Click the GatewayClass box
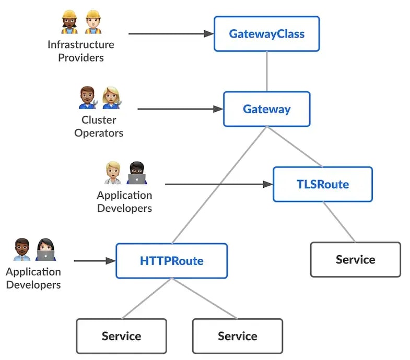[266, 34]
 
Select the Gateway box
[266, 109]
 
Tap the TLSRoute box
[322, 184]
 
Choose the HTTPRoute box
[171, 260]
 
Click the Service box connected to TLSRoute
[355, 259]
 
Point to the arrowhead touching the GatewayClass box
[209, 34]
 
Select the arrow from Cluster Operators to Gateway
[178, 109]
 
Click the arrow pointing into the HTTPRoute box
[94, 260]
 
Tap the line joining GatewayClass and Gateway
[267, 71]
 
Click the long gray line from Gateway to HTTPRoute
[219, 185]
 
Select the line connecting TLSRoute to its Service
[339, 222]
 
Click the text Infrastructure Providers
[80, 51]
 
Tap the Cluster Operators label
[99, 126]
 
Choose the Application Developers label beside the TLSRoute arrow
[124, 201]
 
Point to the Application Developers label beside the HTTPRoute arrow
[33, 278]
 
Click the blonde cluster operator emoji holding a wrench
[111, 98]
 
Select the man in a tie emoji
[21, 249]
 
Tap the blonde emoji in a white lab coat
[113, 173]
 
